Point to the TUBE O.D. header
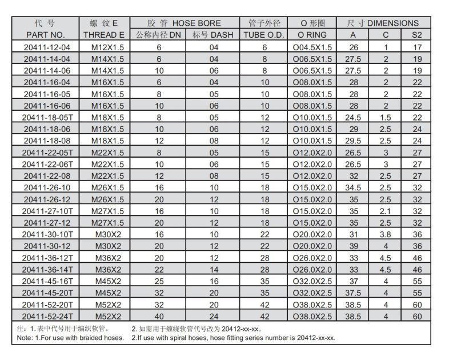click(x=264, y=35)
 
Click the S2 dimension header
click(x=417, y=35)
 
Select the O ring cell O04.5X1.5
click(x=312, y=47)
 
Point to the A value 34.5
click(x=354, y=187)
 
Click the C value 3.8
click(x=386, y=233)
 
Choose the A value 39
click(x=354, y=245)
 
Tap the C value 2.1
click(x=386, y=210)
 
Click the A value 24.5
click(x=354, y=117)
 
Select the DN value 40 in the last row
click(x=159, y=316)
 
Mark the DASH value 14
click(x=214, y=269)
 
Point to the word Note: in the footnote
click(x=26, y=338)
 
